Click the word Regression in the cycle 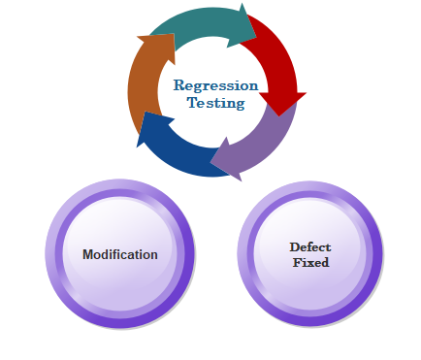[215, 86]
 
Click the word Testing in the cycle [215, 103]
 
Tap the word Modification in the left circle [120, 254]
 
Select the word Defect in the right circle [310, 247]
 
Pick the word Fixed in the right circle [310, 262]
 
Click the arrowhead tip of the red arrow [279, 116]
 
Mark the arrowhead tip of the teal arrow [256, 37]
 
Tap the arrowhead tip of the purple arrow [210, 161]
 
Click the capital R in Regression [179, 85]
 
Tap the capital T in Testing [193, 102]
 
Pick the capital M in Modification [88, 254]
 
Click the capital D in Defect [295, 247]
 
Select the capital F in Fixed [298, 262]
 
